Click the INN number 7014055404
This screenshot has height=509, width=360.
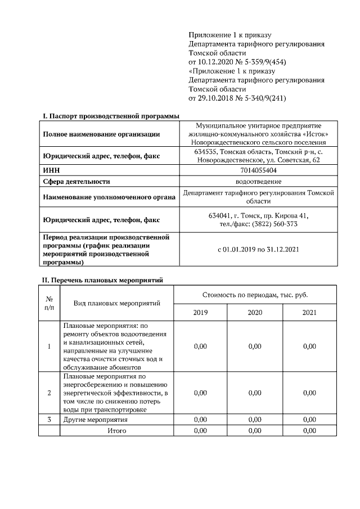click(258, 170)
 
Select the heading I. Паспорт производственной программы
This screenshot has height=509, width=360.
click(111, 115)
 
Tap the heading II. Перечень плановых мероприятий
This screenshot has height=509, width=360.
click(103, 280)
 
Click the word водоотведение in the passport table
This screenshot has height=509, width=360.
click(258, 181)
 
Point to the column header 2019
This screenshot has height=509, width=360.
click(200, 313)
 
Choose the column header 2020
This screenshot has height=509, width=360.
click(255, 313)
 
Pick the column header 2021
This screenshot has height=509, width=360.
click(309, 313)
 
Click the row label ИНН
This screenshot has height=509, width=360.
click(51, 170)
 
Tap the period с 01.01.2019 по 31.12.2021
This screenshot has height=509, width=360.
click(258, 249)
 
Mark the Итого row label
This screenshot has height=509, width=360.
click(117, 430)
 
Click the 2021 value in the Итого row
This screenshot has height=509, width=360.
click(309, 430)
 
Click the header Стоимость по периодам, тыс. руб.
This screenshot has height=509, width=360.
click(255, 295)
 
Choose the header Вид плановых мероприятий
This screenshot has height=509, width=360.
click(117, 303)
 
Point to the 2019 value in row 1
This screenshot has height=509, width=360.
click(200, 346)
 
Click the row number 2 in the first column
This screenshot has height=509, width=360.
click(49, 393)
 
